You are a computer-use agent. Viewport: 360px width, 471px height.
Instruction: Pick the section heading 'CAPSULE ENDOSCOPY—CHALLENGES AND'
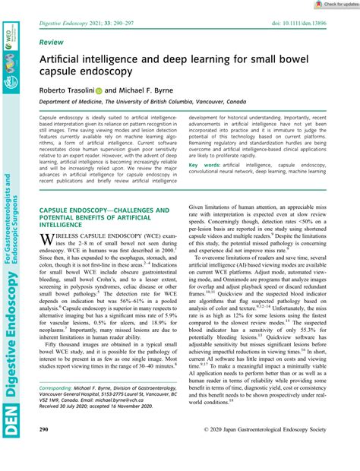[104, 210]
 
